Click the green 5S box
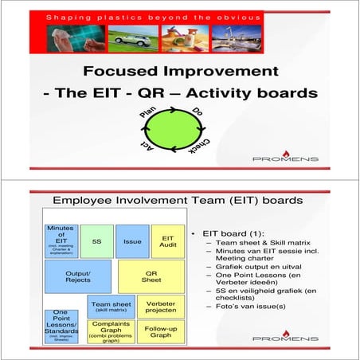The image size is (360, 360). coord(96,241)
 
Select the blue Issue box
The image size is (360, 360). coord(131,241)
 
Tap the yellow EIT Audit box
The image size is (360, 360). coord(168,241)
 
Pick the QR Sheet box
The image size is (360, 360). coord(151,276)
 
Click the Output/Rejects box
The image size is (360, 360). coord(77,276)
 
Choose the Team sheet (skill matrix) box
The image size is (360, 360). coord(111,306)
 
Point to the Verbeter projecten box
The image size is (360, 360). coord(161,306)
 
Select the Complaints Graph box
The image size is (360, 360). coord(111,331)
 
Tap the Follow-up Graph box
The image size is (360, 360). coord(161,331)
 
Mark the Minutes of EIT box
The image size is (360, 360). coord(61,240)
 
